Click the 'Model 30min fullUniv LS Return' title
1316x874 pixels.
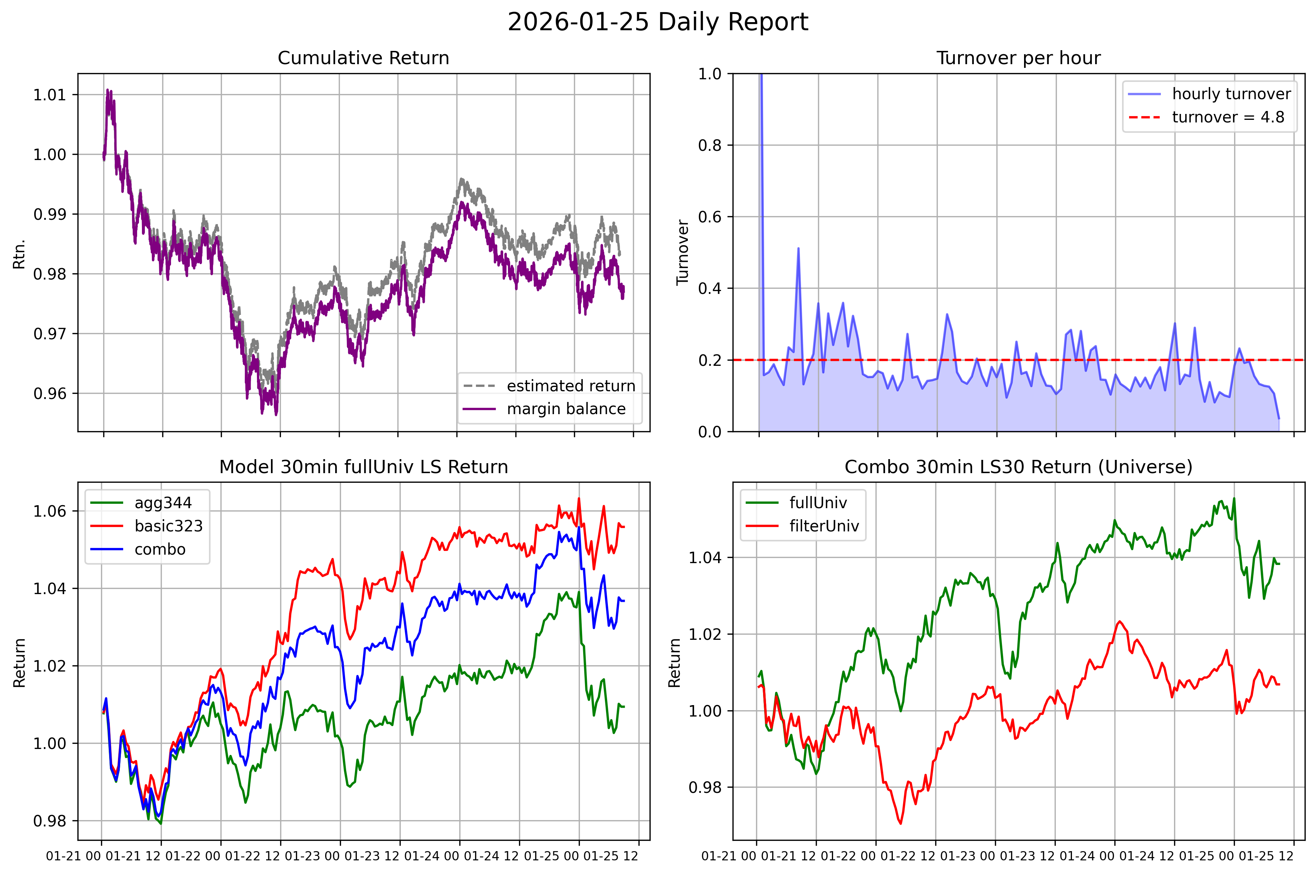coord(363,467)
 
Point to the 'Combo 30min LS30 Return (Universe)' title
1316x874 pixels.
coord(1019,467)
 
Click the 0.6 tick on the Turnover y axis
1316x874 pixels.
coord(710,217)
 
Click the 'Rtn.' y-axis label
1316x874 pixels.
coord(20,254)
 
